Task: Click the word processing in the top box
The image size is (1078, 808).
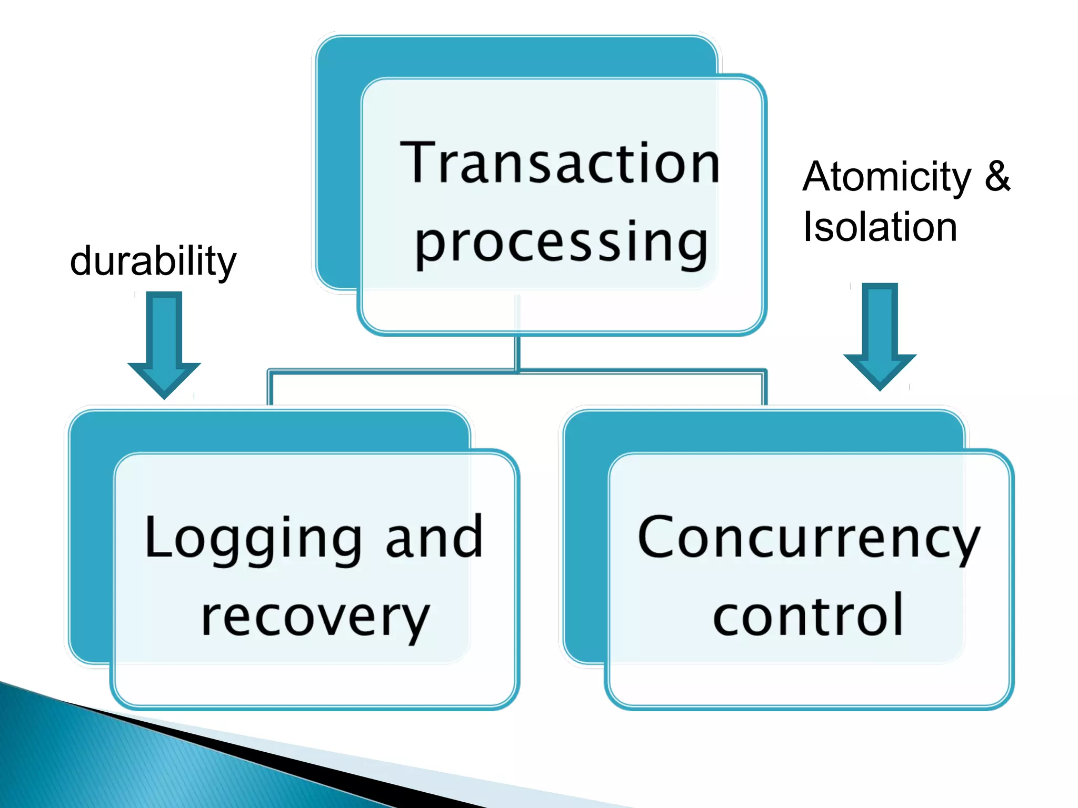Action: (561, 243)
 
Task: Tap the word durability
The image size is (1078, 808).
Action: (153, 261)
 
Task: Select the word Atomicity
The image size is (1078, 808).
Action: (887, 177)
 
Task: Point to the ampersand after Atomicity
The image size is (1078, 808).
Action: (997, 176)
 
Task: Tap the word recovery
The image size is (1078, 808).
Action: (315, 617)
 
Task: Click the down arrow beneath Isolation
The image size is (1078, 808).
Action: (880, 337)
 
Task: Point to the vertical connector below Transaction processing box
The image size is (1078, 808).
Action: (517, 352)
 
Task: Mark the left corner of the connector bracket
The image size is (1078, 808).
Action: (270, 372)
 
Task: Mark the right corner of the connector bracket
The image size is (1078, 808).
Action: (764, 372)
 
